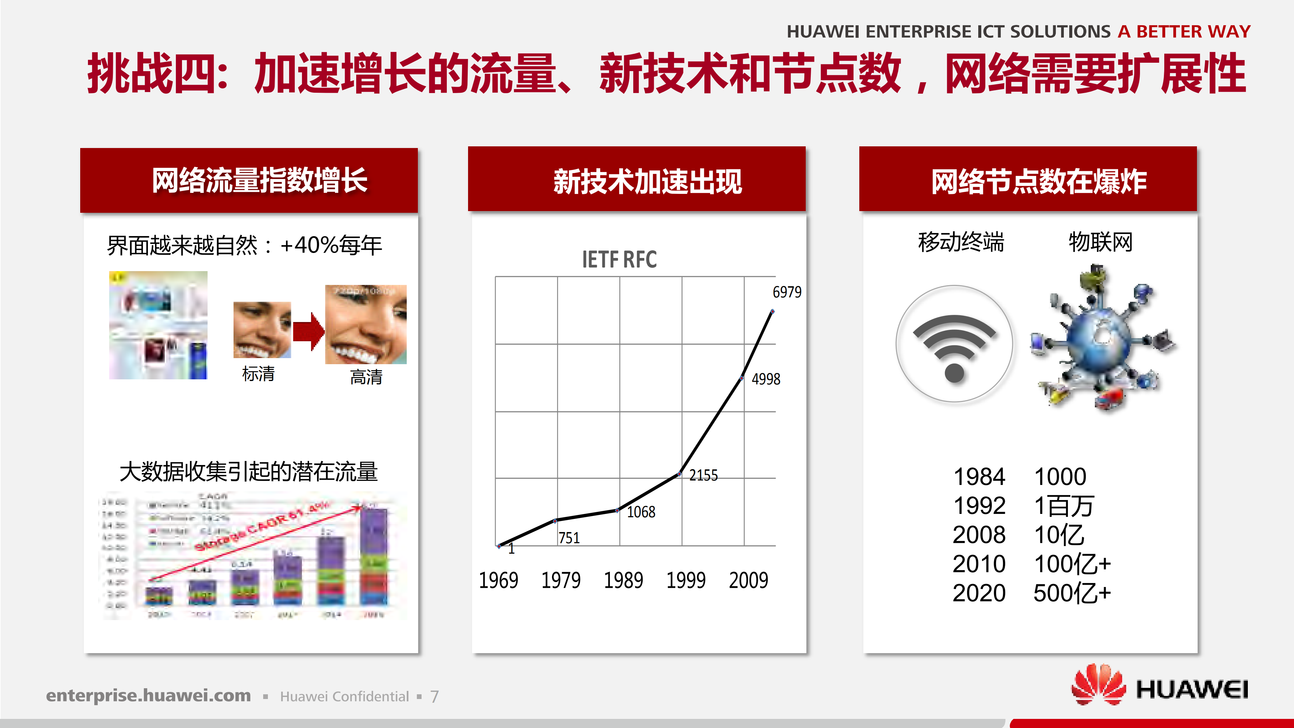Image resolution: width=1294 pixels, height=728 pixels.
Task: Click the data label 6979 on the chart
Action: pos(787,292)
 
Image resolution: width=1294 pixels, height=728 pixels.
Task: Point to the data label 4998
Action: pos(766,379)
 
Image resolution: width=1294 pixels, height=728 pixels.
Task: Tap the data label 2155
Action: pos(703,475)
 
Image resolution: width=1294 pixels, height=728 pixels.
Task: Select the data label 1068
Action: pos(641,512)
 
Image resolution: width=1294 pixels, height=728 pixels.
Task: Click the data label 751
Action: pos(569,538)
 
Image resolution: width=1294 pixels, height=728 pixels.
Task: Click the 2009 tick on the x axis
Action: pos(748,581)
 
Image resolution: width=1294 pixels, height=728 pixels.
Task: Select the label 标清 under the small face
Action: pos(258,374)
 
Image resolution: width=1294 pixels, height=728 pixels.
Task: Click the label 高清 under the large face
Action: pos(366,377)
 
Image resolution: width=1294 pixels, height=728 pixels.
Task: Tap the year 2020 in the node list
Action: pos(979,593)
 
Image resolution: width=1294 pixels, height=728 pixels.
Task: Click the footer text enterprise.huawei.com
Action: pos(148,696)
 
